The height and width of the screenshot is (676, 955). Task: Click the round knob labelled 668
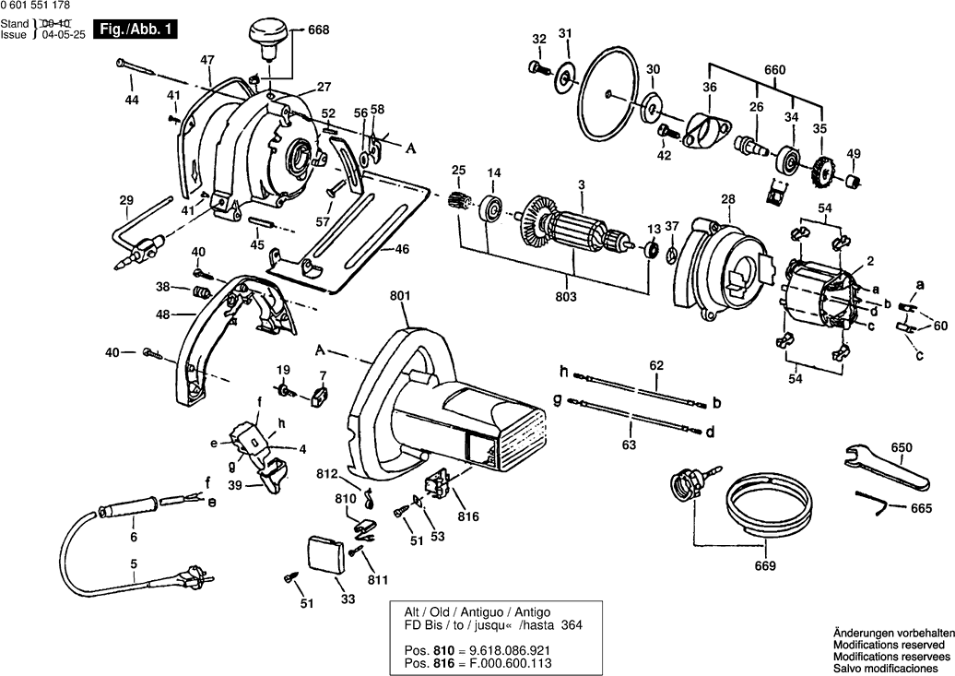coord(266,38)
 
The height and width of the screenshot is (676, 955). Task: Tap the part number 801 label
coord(400,296)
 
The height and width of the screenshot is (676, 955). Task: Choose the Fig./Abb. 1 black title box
coord(136,30)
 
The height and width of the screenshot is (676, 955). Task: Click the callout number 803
coord(566,297)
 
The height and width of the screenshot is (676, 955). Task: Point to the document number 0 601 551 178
coord(35,6)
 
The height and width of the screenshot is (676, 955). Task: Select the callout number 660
coord(774,69)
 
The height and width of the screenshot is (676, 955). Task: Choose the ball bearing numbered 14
coord(489,208)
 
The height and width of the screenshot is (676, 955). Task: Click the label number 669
coord(765,565)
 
